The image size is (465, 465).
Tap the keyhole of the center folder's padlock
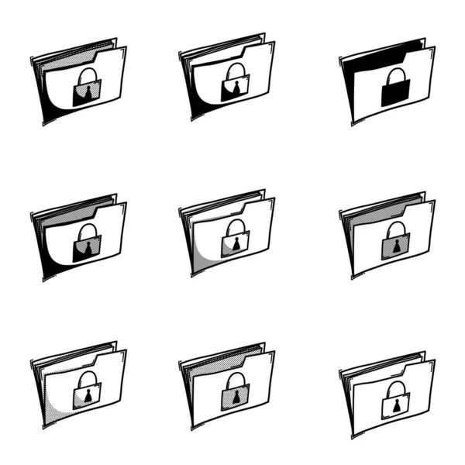tap(235, 246)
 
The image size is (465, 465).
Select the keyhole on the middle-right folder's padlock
tap(395, 248)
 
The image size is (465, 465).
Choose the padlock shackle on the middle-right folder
tap(395, 229)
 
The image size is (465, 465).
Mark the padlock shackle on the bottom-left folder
tap(88, 378)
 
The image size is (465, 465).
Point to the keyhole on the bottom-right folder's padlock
tap(395, 405)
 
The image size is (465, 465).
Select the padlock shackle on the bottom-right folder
tap(395, 387)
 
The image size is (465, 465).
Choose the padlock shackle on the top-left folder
tap(88, 75)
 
